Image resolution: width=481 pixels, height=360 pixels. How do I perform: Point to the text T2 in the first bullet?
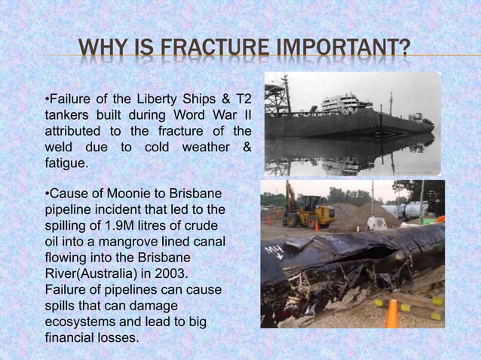(243, 99)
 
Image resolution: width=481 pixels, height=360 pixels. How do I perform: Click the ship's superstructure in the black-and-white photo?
(343, 103)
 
